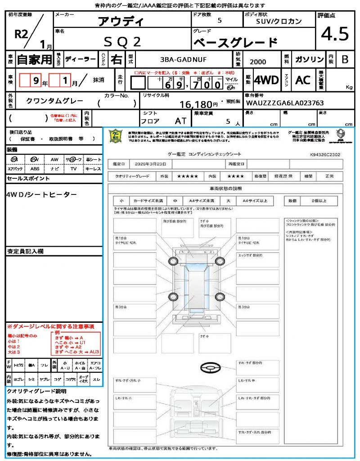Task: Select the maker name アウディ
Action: [121, 22]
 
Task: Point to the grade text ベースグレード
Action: [235, 43]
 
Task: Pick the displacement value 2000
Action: [258, 62]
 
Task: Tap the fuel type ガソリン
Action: [308, 59]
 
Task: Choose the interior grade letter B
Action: [345, 59]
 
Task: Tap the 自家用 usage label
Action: [35, 59]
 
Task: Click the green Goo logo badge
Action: [116, 136]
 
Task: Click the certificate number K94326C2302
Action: [325, 154]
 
